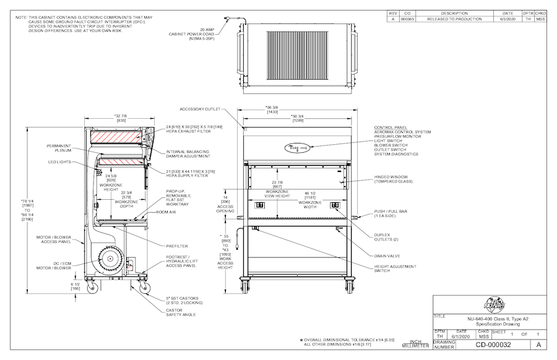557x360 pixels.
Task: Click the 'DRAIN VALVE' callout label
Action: pyautogui.click(x=387, y=255)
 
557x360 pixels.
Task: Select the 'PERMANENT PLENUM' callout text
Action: pyautogui.click(x=59, y=148)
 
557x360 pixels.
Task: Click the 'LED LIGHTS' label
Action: pyautogui.click(x=61, y=162)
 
